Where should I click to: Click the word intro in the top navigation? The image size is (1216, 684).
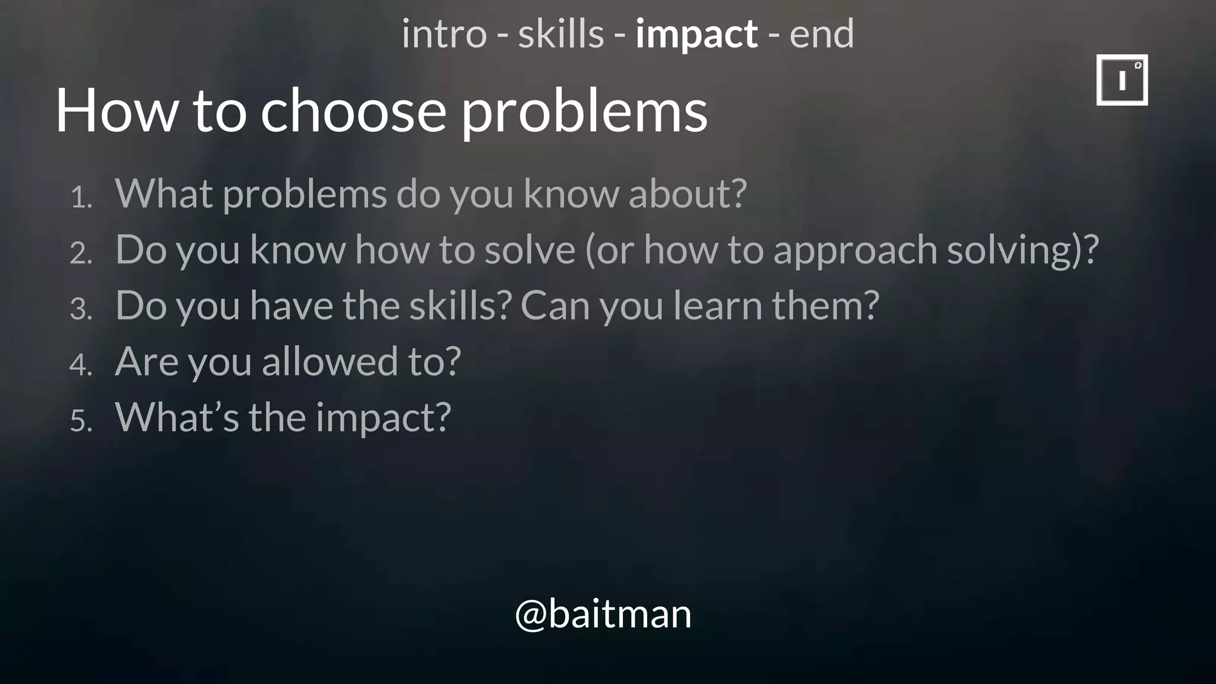tap(444, 34)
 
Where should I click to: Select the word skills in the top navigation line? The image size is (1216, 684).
tap(560, 34)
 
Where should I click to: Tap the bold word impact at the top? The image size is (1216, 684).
tap(696, 34)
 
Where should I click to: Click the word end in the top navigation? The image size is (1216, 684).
tap(821, 34)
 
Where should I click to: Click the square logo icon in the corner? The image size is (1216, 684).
tap(1122, 80)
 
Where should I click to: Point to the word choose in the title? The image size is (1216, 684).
tap(353, 110)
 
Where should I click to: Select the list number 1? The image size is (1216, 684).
tap(81, 198)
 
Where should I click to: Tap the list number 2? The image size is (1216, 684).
tap(81, 254)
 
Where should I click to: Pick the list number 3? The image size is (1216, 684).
tap(81, 309)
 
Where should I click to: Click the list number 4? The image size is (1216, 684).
tap(81, 365)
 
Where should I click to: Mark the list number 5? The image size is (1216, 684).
tap(81, 421)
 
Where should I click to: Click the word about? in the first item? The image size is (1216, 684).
tap(688, 194)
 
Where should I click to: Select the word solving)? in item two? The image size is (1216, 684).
tap(1022, 251)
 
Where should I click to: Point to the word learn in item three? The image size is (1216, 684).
tap(717, 305)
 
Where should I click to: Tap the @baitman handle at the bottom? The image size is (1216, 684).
tap(603, 614)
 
